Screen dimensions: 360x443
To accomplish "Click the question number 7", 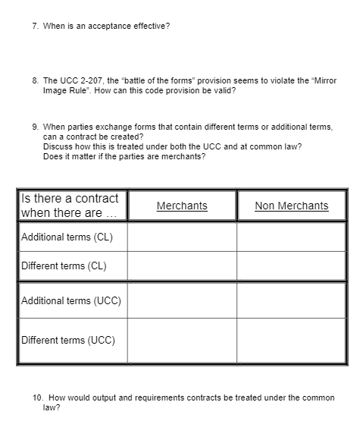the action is click(x=35, y=26).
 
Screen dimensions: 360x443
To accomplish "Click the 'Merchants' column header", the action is click(x=182, y=206).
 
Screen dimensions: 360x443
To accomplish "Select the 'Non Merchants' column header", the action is click(x=292, y=206).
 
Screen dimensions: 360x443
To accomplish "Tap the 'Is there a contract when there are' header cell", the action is click(x=71, y=206).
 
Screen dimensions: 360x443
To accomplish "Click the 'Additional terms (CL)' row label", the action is click(x=67, y=237).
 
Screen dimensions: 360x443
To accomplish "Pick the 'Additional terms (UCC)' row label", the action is click(x=71, y=301).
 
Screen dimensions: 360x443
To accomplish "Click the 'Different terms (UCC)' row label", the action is click(x=68, y=340).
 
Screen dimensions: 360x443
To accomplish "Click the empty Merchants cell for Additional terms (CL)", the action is click(x=182, y=237).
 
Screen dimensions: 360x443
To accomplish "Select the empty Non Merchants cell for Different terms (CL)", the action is click(x=292, y=265).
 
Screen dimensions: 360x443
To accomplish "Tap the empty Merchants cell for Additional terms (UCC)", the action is click(x=182, y=301).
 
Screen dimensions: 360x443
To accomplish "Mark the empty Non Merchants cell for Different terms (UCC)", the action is click(x=292, y=340).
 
